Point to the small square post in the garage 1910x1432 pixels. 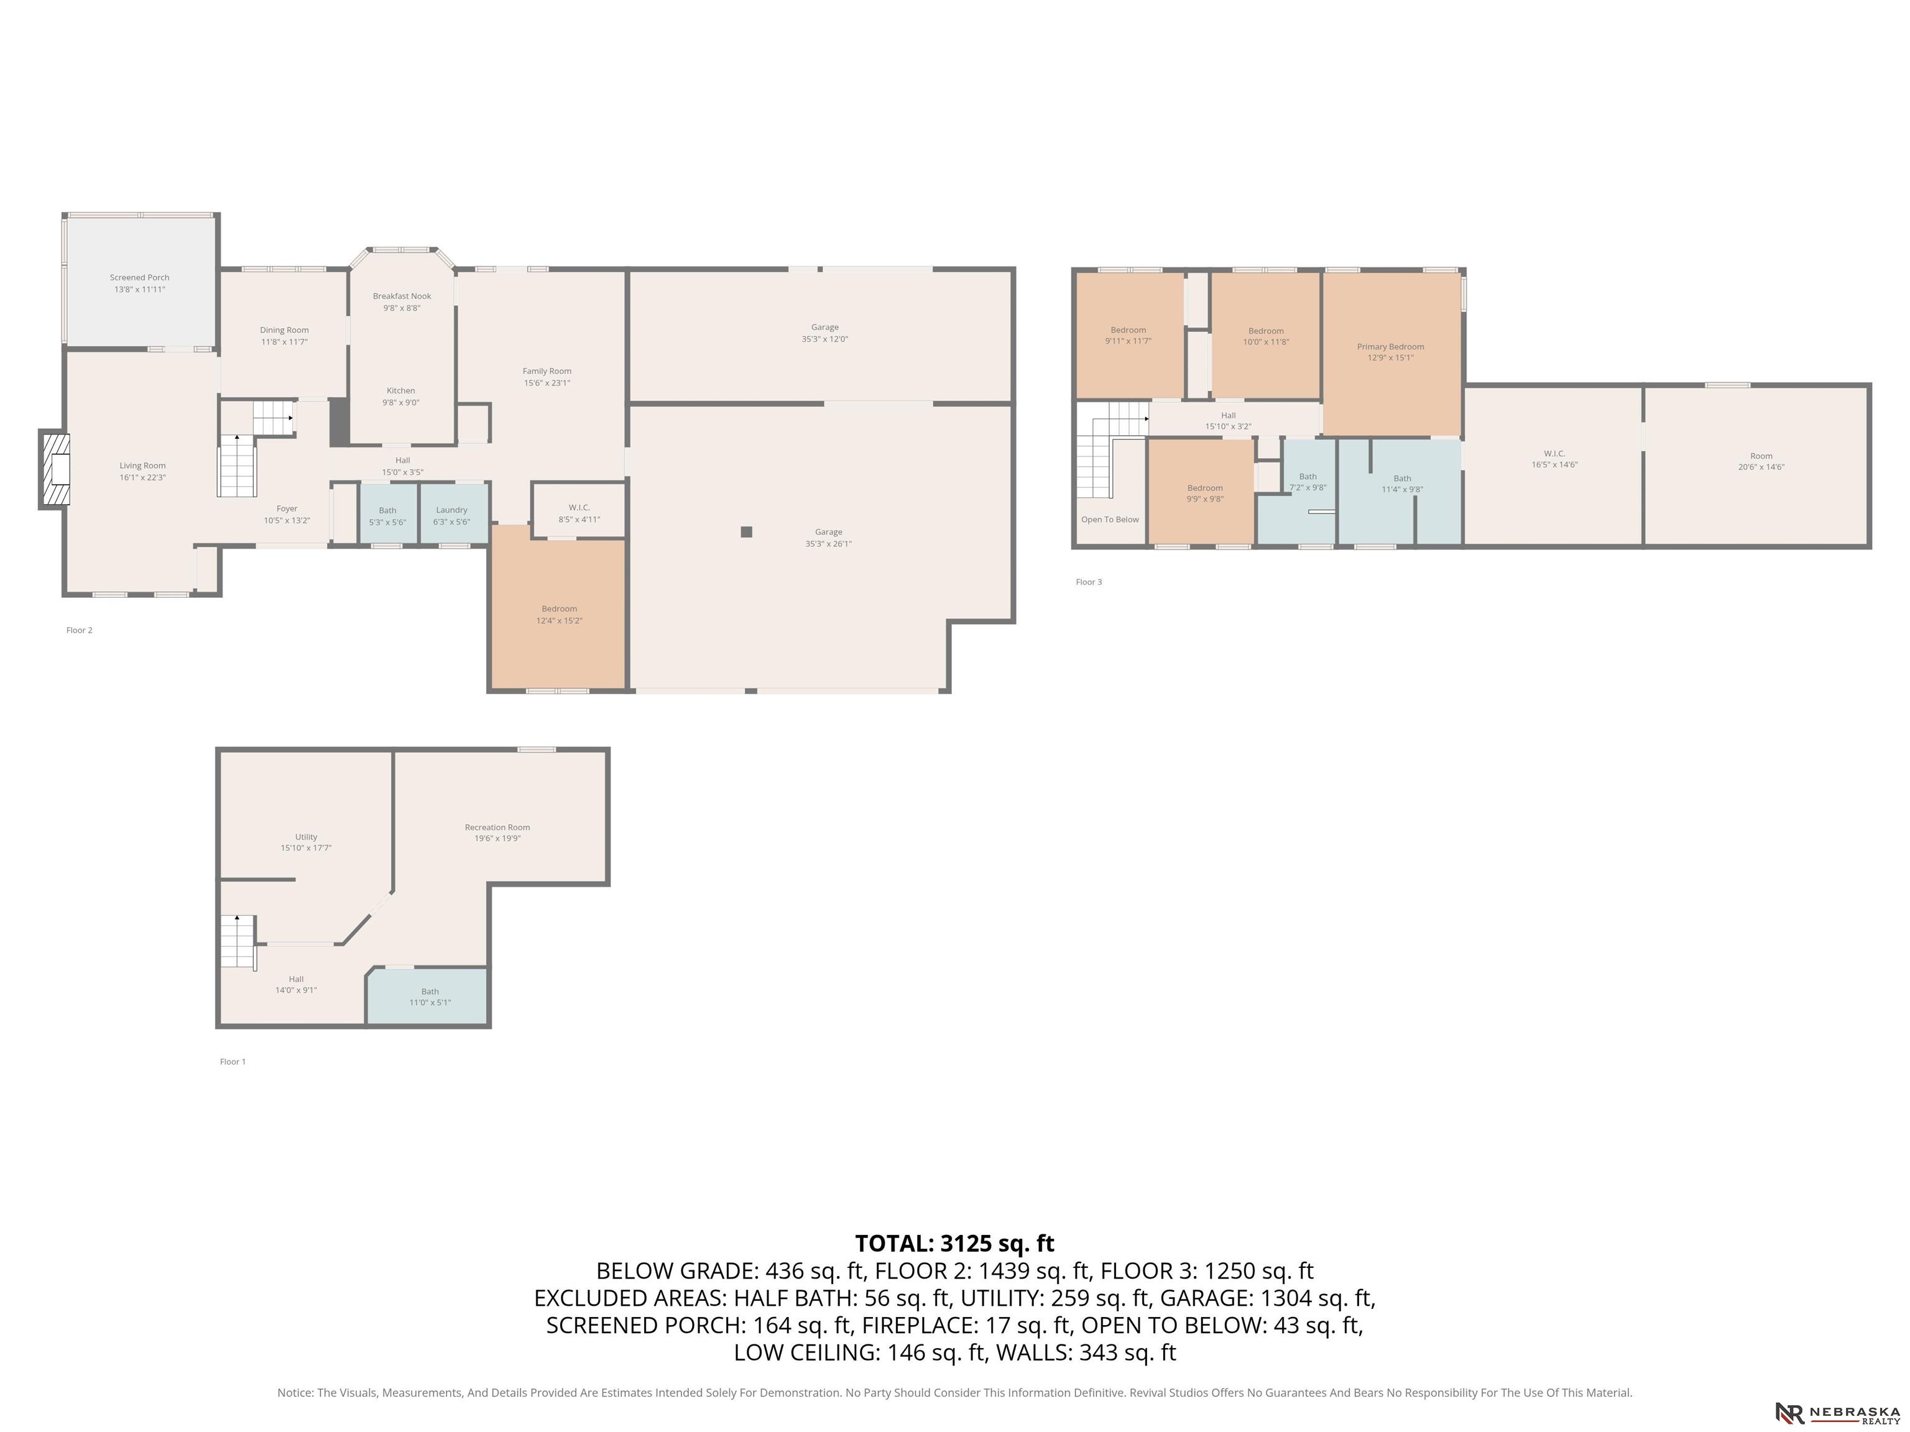point(747,531)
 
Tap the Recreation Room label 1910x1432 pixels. point(497,827)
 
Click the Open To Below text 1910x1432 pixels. point(1110,520)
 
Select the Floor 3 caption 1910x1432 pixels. point(1089,582)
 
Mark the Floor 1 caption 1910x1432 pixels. point(233,1062)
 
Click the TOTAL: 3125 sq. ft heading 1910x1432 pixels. point(954,1243)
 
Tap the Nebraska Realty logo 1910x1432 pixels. point(1837,1413)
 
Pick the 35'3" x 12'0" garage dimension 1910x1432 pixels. point(824,339)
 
